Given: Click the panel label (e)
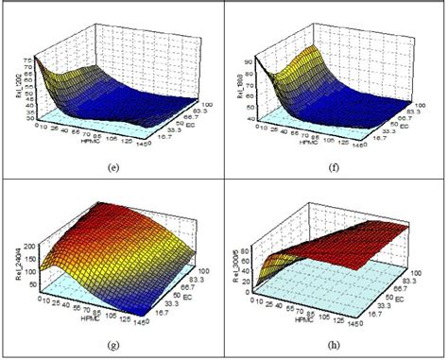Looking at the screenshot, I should tap(113, 168).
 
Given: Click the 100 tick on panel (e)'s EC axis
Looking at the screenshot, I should tap(204, 101).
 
